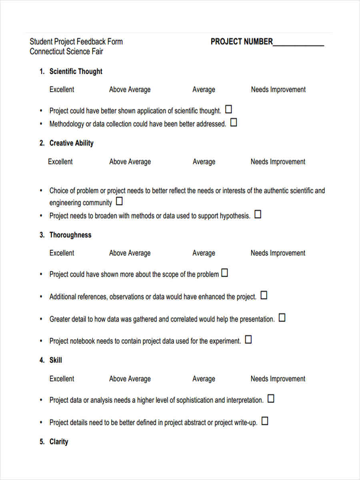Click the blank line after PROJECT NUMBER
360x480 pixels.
298,42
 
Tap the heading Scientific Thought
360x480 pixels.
76,72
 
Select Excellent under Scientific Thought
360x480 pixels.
62,90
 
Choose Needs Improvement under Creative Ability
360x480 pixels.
278,162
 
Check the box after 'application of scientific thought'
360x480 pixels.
229,109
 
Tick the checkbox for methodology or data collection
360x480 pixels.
234,122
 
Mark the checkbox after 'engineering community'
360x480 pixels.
119,201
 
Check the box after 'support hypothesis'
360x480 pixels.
258,214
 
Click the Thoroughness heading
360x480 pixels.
70,235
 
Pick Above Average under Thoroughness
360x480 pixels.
130,253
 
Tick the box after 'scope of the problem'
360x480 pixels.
225,273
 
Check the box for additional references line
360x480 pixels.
264,295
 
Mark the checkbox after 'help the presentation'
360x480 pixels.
282,318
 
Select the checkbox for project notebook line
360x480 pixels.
248,340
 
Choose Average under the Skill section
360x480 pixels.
204,379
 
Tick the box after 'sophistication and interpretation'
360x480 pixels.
271,398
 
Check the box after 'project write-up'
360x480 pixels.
265,421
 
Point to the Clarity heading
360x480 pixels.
58,442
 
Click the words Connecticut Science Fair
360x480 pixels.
66,52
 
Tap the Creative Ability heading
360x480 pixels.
71,143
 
